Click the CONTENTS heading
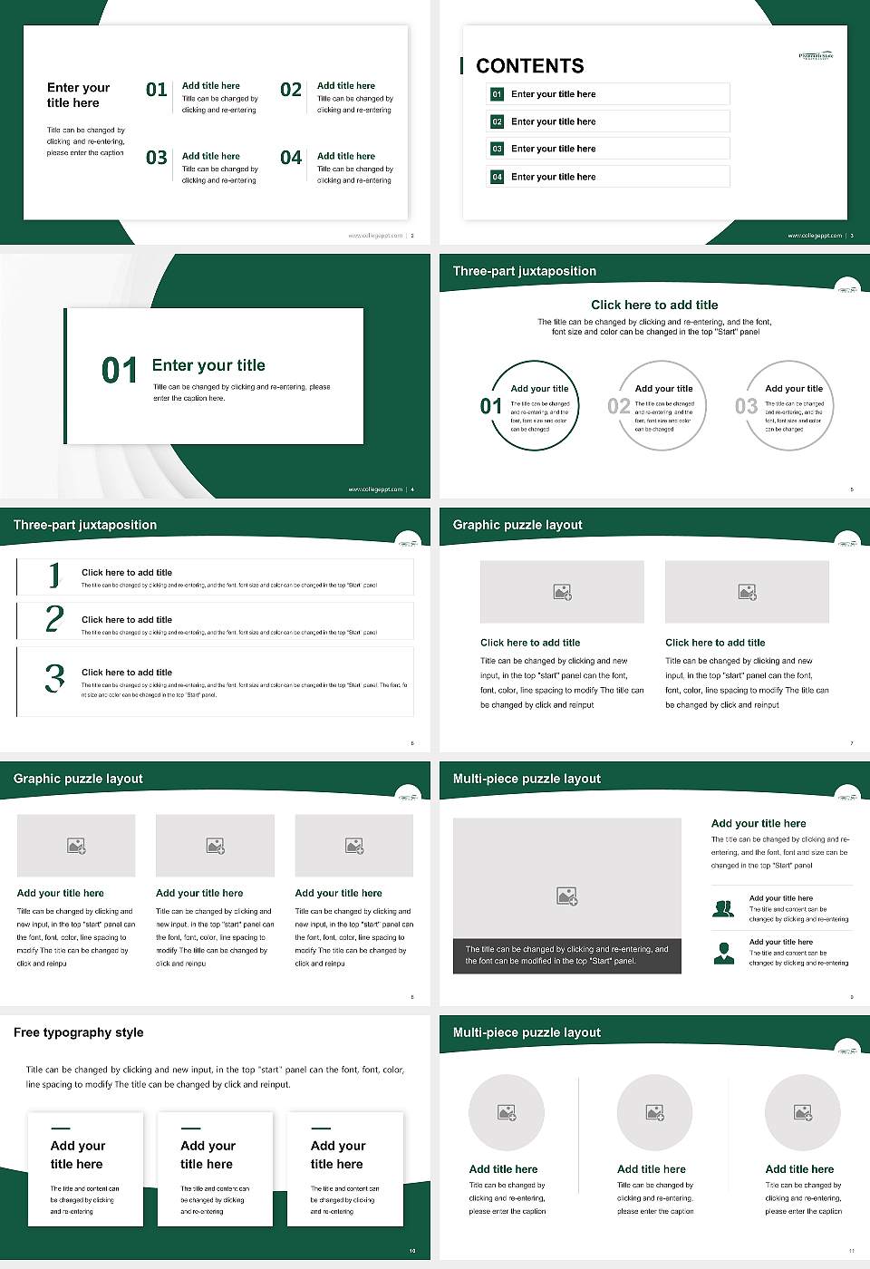click(x=530, y=66)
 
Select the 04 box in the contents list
click(x=497, y=177)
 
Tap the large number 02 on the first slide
click(x=291, y=90)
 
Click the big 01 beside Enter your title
click(x=120, y=370)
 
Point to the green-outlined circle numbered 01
click(x=534, y=405)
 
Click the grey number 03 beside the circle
click(x=746, y=406)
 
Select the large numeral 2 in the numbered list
click(x=54, y=619)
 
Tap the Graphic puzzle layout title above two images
click(x=517, y=525)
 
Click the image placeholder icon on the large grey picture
click(x=566, y=896)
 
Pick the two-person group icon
click(x=723, y=908)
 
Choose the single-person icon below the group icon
click(x=723, y=953)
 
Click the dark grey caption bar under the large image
click(x=566, y=955)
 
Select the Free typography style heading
click(x=79, y=1032)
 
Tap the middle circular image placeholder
click(x=654, y=1112)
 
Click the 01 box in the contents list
click(x=497, y=94)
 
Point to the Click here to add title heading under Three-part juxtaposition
click(x=654, y=305)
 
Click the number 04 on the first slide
click(x=291, y=159)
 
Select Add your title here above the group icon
click(x=759, y=824)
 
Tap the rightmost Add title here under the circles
click(x=799, y=1169)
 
